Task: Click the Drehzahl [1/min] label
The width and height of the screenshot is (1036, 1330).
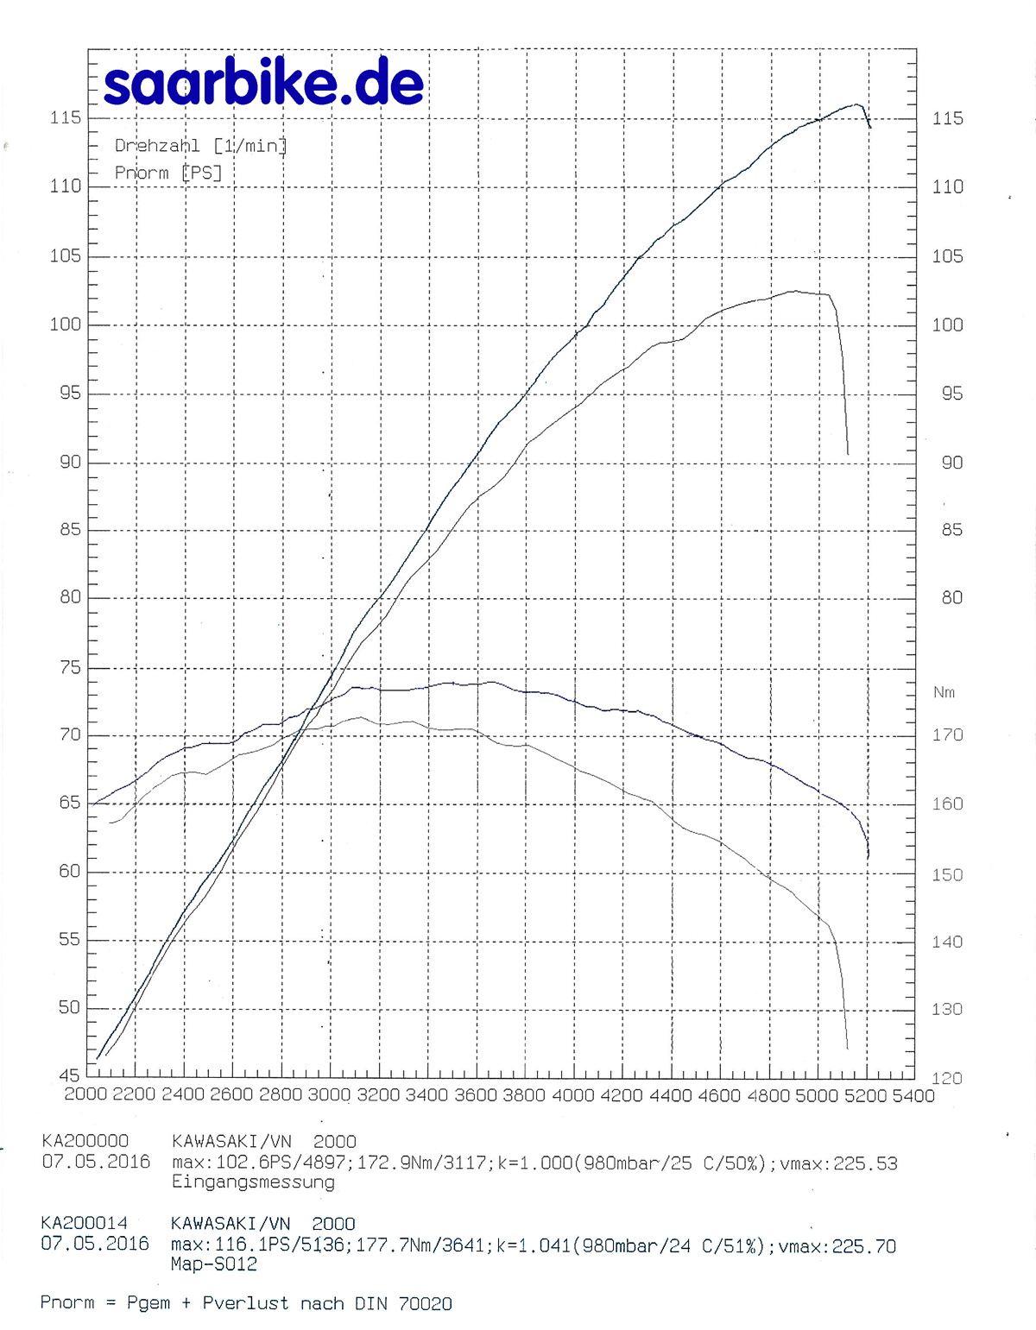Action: coord(200,146)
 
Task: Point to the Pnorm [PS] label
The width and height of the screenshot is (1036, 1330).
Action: coord(168,173)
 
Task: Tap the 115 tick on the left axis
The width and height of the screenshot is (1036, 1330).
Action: coord(66,117)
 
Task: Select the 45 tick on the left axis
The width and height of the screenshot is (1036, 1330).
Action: coord(69,1075)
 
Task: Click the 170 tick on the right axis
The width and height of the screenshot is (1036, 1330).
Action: coord(947,735)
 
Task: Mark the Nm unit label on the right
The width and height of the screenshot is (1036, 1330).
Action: coord(944,692)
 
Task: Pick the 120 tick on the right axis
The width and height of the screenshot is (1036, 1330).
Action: coord(947,1078)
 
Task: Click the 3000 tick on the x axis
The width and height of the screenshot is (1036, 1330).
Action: coord(329,1095)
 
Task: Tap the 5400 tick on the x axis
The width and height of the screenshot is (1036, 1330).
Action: coord(913,1095)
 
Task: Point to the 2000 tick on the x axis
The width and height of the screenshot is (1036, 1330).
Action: coord(86,1094)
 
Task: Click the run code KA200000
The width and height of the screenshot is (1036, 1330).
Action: coord(85,1141)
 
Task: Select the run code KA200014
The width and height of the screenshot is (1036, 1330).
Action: coord(84,1223)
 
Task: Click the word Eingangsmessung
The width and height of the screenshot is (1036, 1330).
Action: coord(253,1182)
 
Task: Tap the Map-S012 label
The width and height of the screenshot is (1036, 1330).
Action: coord(214,1264)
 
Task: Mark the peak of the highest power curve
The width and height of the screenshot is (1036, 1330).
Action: coord(857,104)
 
